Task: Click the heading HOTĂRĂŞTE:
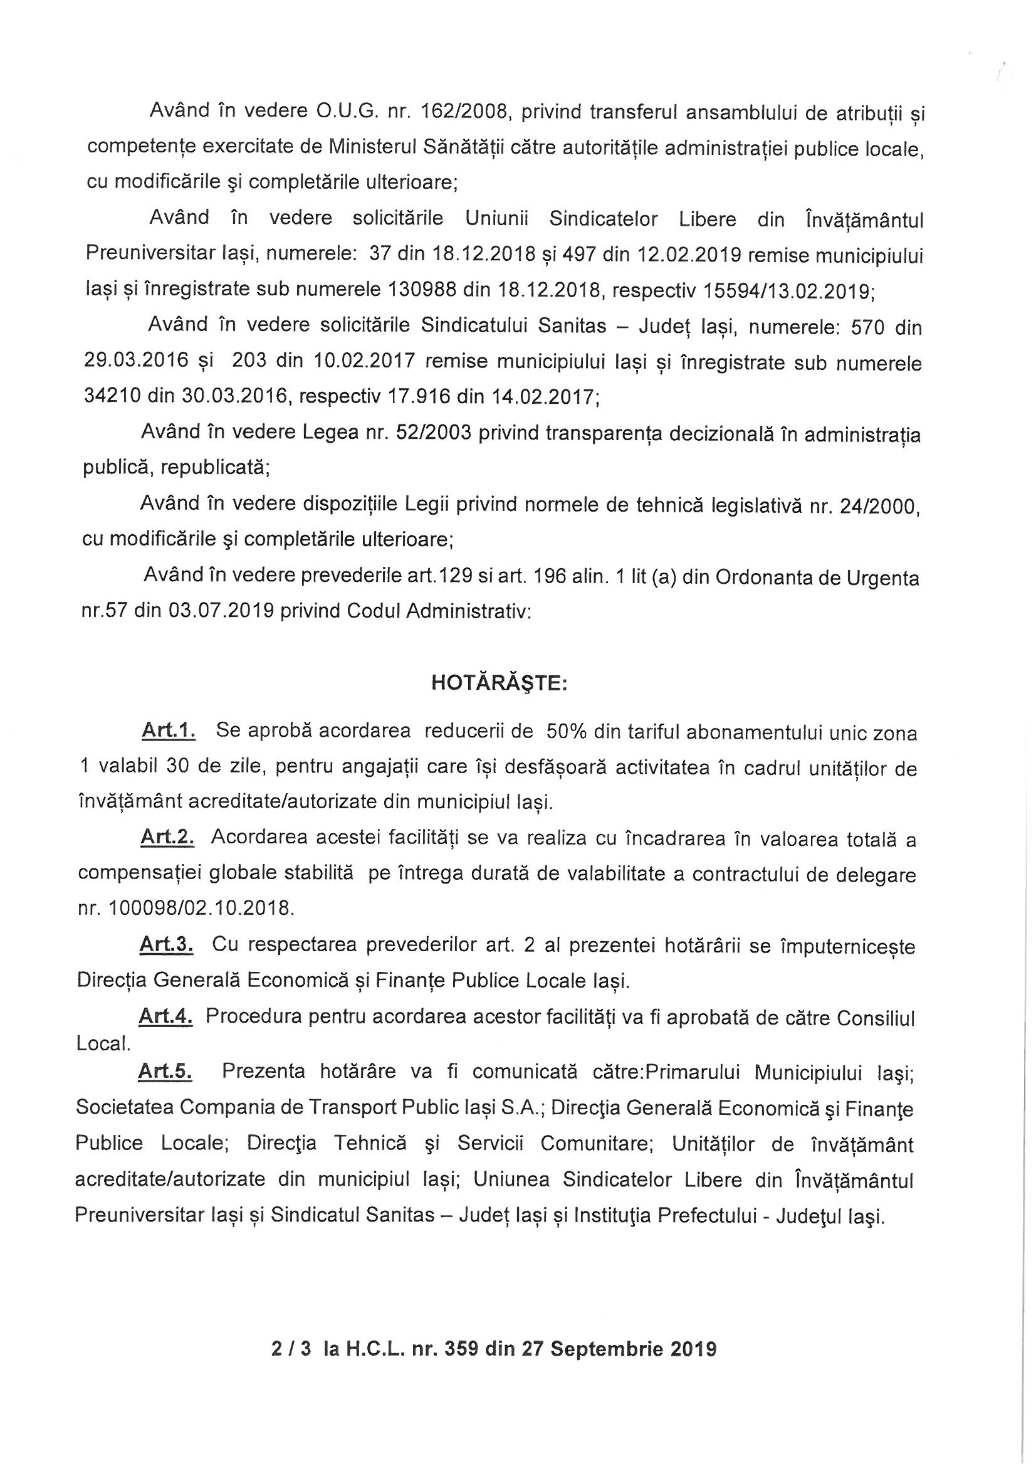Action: pyautogui.click(x=499, y=683)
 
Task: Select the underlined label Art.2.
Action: pyautogui.click(x=167, y=838)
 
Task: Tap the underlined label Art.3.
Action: pyautogui.click(x=166, y=945)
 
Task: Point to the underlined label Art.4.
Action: pyautogui.click(x=165, y=1016)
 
